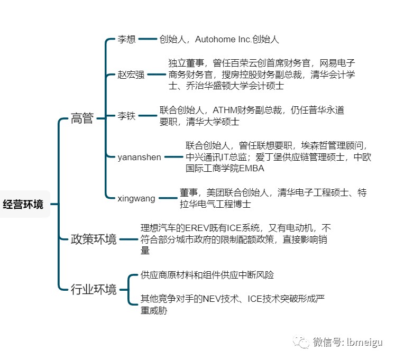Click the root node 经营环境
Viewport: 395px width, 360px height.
[x=23, y=204]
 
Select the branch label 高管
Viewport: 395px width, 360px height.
[x=82, y=118]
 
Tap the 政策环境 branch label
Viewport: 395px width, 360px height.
[x=94, y=239]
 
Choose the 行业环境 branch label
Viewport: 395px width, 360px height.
[x=94, y=290]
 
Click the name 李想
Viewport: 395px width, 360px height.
[x=126, y=39]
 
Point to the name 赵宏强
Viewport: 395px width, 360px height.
[x=131, y=75]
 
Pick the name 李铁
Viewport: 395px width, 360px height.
[x=126, y=116]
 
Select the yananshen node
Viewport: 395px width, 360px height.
[x=139, y=157]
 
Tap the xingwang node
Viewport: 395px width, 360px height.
[x=136, y=199]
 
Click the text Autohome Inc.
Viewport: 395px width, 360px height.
[x=223, y=39]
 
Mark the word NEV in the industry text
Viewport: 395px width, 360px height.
[x=212, y=299]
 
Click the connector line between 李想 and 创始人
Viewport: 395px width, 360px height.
[x=148, y=39]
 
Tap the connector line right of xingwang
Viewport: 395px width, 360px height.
[x=168, y=198]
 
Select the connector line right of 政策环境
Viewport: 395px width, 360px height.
[x=128, y=239]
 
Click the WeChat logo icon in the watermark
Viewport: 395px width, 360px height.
[x=301, y=342]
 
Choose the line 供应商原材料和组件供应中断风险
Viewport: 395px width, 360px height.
[x=207, y=275]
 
